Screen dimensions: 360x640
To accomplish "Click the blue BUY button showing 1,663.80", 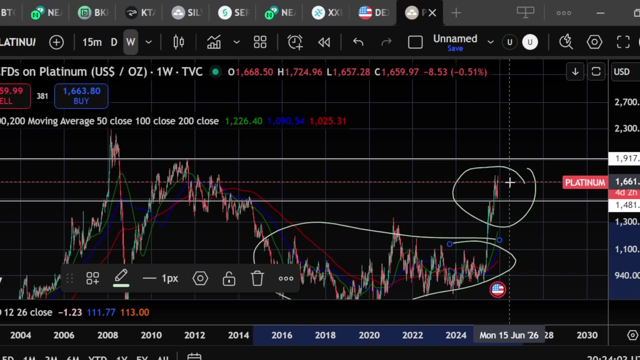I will tap(81, 95).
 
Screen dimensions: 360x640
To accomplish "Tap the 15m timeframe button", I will tap(92, 42).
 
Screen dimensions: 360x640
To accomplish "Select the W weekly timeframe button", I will tap(130, 42).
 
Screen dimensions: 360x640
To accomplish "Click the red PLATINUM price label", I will tap(584, 182).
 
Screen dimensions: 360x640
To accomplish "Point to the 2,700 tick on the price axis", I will tap(626, 102).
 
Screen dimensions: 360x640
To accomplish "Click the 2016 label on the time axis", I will tap(282, 335).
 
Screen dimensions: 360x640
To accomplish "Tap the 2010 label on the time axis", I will tap(151, 335).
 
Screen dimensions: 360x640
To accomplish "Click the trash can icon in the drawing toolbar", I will tap(257, 278).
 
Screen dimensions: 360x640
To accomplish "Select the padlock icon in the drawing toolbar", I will tap(229, 278).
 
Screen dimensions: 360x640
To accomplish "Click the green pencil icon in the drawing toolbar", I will tap(121, 277).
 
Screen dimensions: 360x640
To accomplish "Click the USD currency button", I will tap(621, 72).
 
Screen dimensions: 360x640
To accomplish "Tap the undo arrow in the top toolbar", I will tap(358, 42).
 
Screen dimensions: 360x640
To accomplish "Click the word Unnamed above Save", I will tap(455, 38).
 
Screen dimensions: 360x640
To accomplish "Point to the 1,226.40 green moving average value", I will tap(243, 121).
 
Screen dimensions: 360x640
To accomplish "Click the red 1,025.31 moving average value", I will tap(327, 121).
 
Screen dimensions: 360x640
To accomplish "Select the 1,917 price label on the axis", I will tap(626, 159).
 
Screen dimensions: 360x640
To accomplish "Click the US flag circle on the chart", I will tap(497, 289).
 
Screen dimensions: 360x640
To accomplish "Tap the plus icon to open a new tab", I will tap(456, 13).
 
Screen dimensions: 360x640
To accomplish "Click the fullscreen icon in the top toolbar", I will tap(623, 42).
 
